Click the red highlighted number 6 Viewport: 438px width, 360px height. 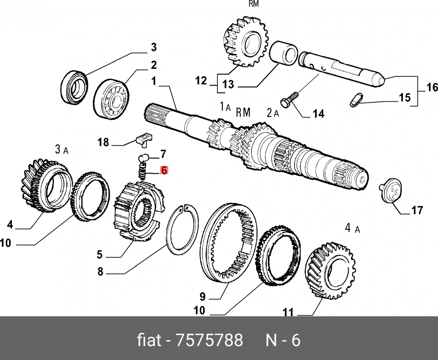[x=164, y=170]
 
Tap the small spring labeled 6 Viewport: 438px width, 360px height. [x=142, y=171]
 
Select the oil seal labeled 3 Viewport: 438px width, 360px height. [x=74, y=88]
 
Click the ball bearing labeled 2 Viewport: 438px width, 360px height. [x=111, y=98]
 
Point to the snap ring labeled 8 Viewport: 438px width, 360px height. [x=182, y=230]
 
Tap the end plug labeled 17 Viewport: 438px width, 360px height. [x=391, y=189]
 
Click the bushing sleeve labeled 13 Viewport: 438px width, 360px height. [x=284, y=53]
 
